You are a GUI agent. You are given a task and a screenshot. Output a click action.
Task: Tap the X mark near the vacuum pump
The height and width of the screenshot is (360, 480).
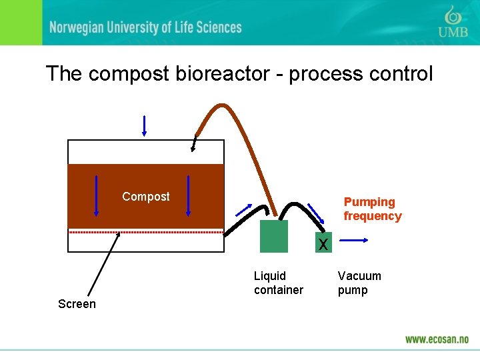pyautogui.click(x=323, y=245)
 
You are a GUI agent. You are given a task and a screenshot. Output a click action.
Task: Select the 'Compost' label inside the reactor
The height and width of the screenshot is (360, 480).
pyautogui.click(x=145, y=197)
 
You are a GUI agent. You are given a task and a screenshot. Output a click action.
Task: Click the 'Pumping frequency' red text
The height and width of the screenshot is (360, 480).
pyautogui.click(x=372, y=209)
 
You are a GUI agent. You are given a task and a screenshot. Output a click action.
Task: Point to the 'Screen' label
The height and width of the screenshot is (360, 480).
pyautogui.click(x=77, y=304)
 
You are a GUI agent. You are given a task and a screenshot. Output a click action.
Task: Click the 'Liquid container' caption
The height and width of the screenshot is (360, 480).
pyautogui.click(x=278, y=283)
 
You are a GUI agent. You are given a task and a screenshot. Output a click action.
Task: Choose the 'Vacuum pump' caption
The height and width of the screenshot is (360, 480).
pyautogui.click(x=359, y=283)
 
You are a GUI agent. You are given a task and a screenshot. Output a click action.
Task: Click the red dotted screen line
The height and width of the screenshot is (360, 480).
pyautogui.click(x=145, y=232)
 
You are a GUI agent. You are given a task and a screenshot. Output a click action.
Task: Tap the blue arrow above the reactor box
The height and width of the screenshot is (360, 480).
pyautogui.click(x=144, y=125)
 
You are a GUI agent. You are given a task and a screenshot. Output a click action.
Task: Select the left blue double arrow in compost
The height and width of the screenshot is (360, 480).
pyautogui.click(x=96, y=195)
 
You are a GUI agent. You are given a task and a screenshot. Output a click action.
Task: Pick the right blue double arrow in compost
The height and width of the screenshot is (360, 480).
pyautogui.click(x=189, y=195)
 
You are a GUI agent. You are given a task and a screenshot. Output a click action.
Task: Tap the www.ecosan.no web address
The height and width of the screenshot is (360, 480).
pyautogui.click(x=437, y=339)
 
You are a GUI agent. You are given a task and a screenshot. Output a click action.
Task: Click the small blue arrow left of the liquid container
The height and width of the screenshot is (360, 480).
pyautogui.click(x=243, y=210)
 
